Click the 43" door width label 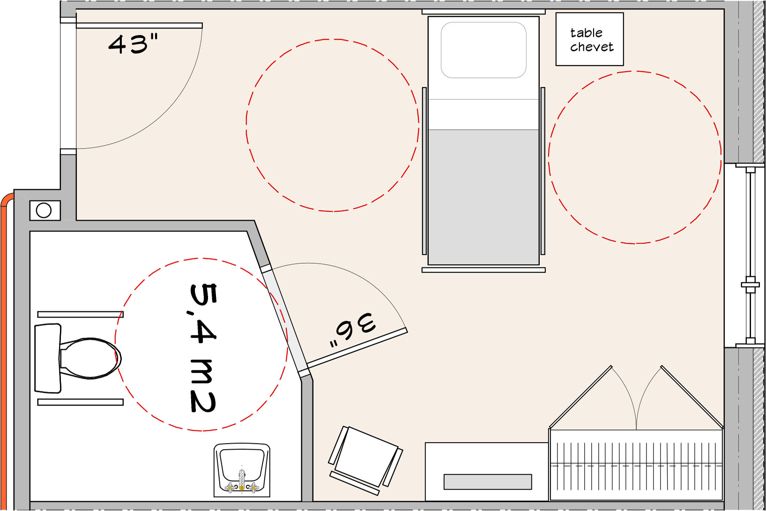click(133, 44)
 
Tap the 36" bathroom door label click(352, 329)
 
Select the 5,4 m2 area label click(203, 348)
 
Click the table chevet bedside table click(589, 39)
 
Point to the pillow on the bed click(483, 50)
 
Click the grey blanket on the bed click(483, 197)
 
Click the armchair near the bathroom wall click(365, 456)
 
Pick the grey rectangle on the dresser click(488, 481)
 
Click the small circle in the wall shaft click(44, 210)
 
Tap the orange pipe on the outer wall click(4, 348)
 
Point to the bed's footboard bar click(483, 270)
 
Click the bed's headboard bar click(483, 12)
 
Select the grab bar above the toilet click(81, 314)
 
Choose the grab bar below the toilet click(81, 402)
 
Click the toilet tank click(48, 358)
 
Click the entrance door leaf click(139, 25)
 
